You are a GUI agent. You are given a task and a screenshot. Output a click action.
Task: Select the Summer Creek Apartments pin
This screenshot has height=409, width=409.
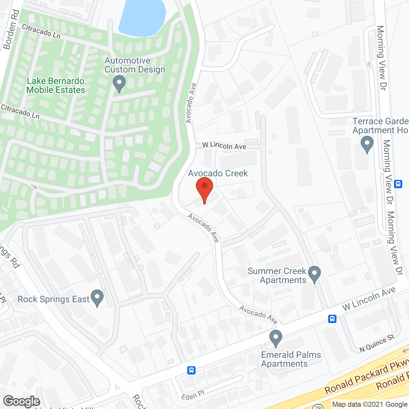tap(314, 274)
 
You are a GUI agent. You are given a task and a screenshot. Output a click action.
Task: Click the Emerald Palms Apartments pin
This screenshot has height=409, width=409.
tap(275, 338)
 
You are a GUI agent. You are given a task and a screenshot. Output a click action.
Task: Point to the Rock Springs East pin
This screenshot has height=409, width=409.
tap(97, 297)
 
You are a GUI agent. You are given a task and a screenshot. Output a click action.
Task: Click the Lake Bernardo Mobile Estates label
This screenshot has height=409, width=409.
tap(56, 86)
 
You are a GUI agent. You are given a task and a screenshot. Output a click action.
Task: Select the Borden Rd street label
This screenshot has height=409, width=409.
tap(11, 30)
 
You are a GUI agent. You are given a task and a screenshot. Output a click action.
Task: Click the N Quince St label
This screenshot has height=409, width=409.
tap(377, 343)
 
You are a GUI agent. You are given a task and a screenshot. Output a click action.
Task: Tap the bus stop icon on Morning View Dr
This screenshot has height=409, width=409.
tap(398, 184)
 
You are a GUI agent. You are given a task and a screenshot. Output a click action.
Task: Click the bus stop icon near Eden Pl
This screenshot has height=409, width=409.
tap(191, 370)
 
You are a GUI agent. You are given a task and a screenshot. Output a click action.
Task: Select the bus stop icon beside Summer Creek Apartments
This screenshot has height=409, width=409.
tap(332, 319)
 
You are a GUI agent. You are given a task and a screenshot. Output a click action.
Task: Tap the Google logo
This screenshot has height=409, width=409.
tap(21, 401)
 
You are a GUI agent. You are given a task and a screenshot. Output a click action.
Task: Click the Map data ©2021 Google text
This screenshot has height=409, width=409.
tap(370, 405)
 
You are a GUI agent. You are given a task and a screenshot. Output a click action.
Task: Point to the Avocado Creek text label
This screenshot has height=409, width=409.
tap(218, 174)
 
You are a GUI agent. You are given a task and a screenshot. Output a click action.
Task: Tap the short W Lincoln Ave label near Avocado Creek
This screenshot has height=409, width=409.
tap(224, 146)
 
